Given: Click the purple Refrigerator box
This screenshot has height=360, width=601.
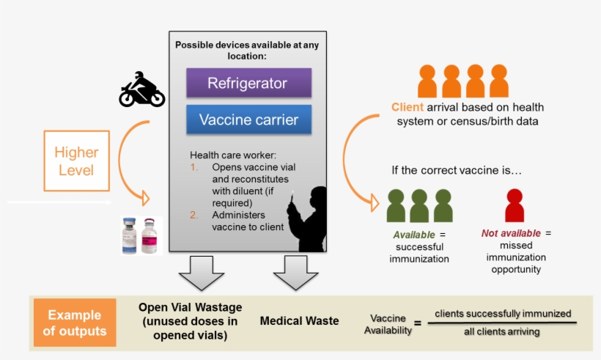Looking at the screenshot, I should [x=248, y=83].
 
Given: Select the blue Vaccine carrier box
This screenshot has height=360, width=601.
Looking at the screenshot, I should [x=248, y=120].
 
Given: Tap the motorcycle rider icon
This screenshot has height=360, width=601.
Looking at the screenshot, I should [x=141, y=90].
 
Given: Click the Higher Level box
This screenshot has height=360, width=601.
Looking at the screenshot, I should [x=76, y=161].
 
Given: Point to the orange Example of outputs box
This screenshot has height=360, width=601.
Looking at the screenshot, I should [x=74, y=323].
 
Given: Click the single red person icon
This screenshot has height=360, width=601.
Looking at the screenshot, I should [x=515, y=205].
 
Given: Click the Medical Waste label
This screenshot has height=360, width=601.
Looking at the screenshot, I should [x=299, y=321].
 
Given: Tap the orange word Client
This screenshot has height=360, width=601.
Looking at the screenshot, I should [x=408, y=108].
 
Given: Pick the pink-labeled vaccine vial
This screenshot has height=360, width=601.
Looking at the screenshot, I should [x=150, y=236].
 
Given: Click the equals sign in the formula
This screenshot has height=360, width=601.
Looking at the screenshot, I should [x=418, y=323].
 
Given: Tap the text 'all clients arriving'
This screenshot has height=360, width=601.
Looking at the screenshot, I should [x=502, y=332].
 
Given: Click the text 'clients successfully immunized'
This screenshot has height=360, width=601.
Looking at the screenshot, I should [x=503, y=314].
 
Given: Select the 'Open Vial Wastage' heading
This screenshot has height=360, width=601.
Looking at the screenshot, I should [x=190, y=307].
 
